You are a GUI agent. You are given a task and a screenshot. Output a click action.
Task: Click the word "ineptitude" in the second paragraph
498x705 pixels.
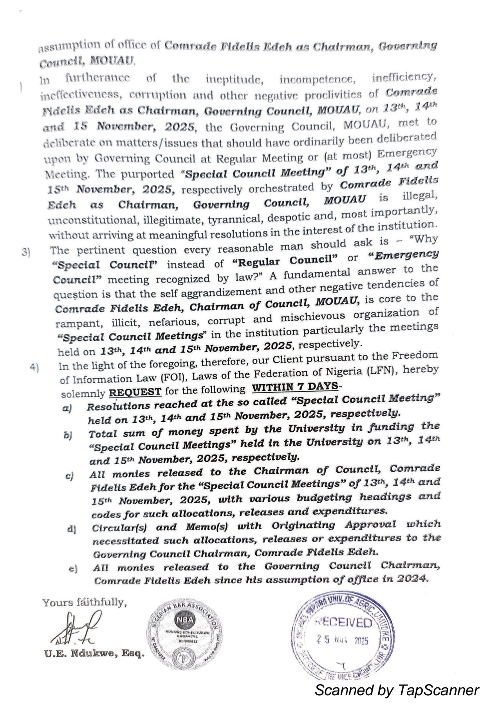tap(234, 80)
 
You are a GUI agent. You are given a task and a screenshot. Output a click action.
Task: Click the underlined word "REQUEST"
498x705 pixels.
tap(135, 392)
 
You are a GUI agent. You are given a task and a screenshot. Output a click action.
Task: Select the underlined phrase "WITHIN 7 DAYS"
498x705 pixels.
tap(294, 387)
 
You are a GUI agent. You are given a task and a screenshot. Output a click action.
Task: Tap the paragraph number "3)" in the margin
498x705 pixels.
tap(26, 252)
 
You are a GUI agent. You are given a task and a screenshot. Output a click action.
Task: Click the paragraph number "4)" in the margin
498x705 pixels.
tap(34, 367)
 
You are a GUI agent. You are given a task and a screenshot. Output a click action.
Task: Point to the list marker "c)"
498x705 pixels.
tap(69, 476)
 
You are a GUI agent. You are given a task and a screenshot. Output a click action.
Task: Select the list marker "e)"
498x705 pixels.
tap(73, 569)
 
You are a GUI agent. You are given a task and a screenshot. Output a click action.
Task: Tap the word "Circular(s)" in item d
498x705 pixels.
tap(119, 528)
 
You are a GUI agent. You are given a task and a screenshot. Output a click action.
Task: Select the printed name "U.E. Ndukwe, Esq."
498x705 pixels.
tap(94, 653)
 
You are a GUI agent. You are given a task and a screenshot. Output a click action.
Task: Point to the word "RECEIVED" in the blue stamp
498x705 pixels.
tap(343, 622)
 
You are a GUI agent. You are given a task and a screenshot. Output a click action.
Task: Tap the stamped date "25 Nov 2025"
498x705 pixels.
tap(342, 640)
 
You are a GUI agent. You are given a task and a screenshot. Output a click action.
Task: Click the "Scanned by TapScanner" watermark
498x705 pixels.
tap(396, 690)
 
